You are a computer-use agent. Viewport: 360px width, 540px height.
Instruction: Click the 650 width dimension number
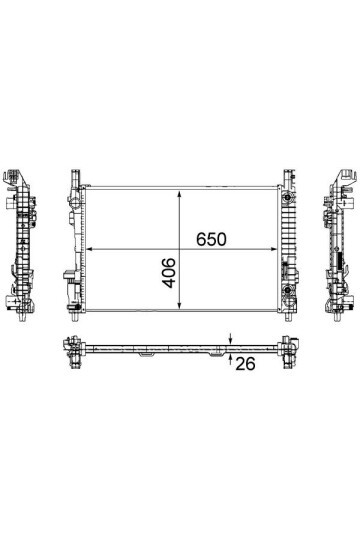[x=211, y=239]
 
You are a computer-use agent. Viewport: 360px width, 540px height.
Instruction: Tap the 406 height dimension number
[x=169, y=273]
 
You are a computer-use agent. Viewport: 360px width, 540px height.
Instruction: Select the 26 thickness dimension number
[x=245, y=364]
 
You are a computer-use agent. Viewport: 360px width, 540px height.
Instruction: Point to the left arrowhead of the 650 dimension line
[x=89, y=249]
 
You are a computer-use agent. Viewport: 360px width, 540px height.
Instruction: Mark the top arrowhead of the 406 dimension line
[x=179, y=195]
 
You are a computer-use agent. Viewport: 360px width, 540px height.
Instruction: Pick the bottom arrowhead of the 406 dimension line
[x=179, y=305]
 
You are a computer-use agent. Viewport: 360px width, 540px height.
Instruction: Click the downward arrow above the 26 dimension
[x=230, y=339]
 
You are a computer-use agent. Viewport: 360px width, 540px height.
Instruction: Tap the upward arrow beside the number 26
[x=230, y=359]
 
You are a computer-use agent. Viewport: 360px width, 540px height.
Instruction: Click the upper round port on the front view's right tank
[x=287, y=198]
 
